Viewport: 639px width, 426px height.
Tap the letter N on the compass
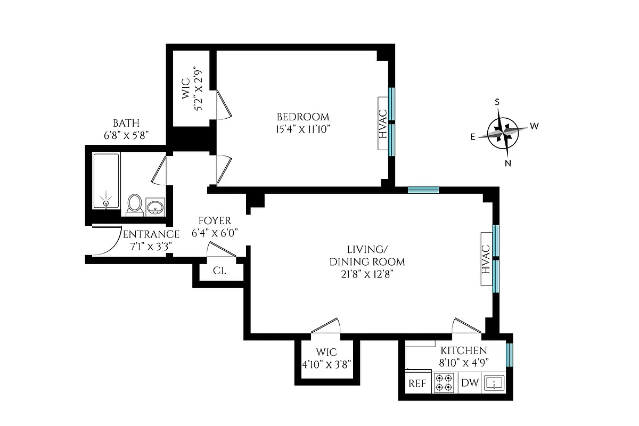pos(508,163)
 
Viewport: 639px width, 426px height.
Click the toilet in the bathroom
pos(135,204)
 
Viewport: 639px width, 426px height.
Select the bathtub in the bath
pos(106,181)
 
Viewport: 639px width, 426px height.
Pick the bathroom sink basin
pos(155,207)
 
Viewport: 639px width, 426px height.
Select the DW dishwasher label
pos(470,383)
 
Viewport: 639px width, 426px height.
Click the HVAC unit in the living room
pos(486,259)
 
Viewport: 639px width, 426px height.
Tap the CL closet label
pos(219,271)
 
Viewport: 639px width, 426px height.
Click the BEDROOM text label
pos(302,117)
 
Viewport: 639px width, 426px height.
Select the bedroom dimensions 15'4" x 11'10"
pos(302,129)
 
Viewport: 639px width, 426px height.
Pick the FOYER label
pos(215,220)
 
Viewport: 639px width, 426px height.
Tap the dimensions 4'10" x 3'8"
pos(326,364)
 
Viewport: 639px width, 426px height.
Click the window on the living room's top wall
pos(423,190)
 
